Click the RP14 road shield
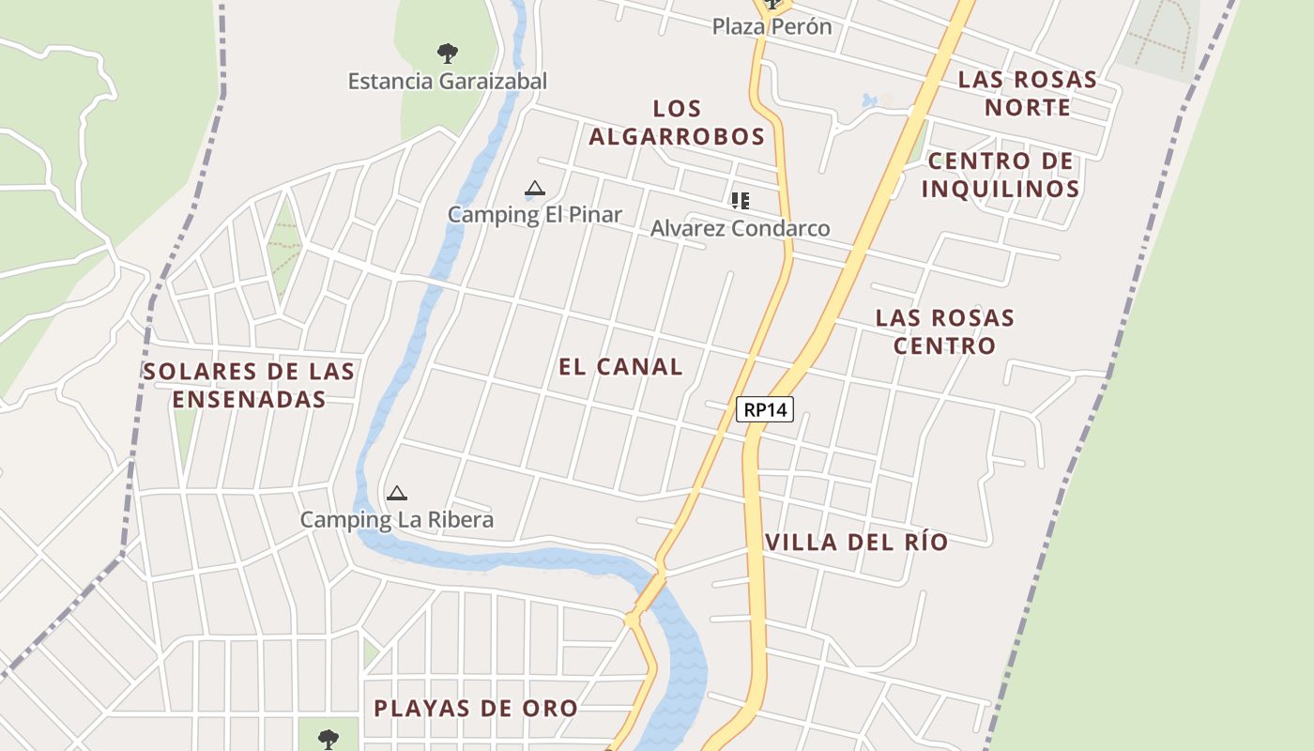pos(765,409)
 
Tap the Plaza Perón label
pos(772,26)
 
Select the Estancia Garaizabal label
pos(447,82)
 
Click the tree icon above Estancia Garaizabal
pos(448,54)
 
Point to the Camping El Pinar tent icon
pos(535,189)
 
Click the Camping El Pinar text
pos(534,215)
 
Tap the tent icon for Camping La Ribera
pos(397,494)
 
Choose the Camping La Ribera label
pos(396,520)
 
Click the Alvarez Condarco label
pos(740,228)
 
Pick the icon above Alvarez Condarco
pos(741,200)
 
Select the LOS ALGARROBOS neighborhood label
pos(677,123)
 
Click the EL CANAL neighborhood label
pos(620,367)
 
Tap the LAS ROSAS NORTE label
pos(1027,93)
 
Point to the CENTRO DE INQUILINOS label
pos(1000,175)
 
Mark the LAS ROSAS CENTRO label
pos(944,331)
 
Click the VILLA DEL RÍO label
pos(856,543)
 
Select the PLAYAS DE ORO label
pos(475,708)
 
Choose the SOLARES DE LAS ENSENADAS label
pos(249,385)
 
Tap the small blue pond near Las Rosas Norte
pos(869,100)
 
